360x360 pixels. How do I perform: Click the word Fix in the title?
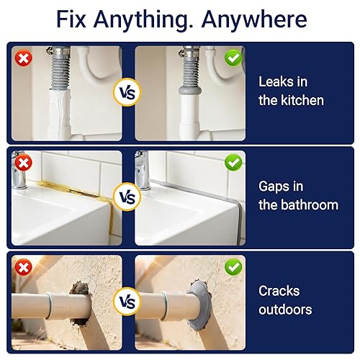pos(73,19)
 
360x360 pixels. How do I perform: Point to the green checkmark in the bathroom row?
pos(233,163)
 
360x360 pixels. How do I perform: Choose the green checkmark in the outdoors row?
pos(233,267)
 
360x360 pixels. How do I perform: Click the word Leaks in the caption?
pos(277,82)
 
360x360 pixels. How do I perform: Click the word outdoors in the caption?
pos(285,310)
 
